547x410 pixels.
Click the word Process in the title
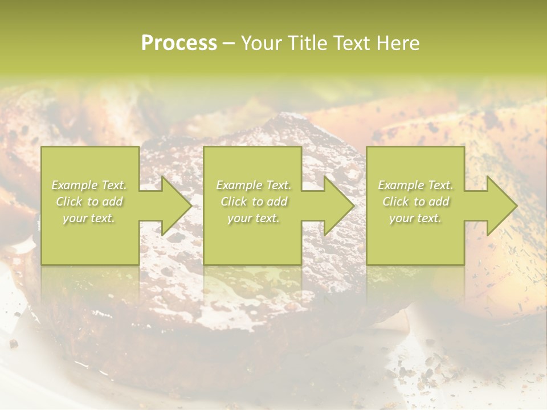pos(179,43)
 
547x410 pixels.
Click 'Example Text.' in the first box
pos(89,185)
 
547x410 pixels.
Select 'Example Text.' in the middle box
pos(253,185)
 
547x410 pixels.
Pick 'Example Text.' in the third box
pos(415,185)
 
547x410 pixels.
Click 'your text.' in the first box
pos(89,218)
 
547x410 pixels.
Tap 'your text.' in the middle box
pos(253,218)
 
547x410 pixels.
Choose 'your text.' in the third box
pos(415,218)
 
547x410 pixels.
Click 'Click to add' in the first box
pos(89,202)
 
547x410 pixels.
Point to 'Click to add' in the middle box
pos(253,202)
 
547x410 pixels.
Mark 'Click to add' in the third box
pos(415,202)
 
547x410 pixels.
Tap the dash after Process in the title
pos(228,43)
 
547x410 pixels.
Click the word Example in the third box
pos(401,185)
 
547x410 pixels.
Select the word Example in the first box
pos(75,185)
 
